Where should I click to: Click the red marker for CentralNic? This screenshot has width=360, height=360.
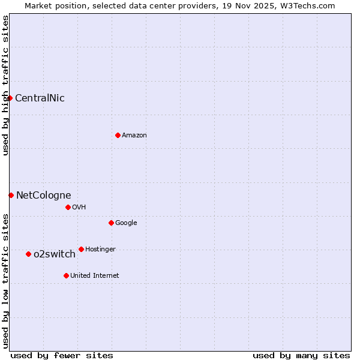(x=10, y=98)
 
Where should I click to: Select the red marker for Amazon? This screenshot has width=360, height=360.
(x=118, y=135)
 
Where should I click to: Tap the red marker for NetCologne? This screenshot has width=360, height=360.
(x=11, y=195)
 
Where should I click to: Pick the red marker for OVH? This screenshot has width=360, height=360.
(x=68, y=207)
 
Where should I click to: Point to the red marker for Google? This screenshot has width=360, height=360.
(x=111, y=223)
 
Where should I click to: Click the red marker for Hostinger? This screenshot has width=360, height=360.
(x=81, y=249)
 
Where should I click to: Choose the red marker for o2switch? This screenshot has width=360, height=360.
(x=28, y=254)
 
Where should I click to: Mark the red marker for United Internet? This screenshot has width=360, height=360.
(x=66, y=275)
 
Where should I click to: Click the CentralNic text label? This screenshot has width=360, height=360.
(x=40, y=98)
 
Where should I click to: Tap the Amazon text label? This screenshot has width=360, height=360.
(x=134, y=136)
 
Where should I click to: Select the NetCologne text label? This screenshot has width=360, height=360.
(x=43, y=196)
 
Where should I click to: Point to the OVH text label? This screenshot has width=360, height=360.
(x=79, y=208)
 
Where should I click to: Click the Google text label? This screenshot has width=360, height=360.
(x=126, y=223)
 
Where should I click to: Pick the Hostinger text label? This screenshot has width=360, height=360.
(x=100, y=250)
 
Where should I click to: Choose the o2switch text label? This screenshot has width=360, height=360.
(x=55, y=254)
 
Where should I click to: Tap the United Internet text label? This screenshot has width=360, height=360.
(x=95, y=276)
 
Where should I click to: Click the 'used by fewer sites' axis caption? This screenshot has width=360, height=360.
(x=62, y=355)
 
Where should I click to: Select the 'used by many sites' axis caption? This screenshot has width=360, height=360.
(x=301, y=355)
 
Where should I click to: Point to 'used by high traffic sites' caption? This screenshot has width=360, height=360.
(x=5, y=85)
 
